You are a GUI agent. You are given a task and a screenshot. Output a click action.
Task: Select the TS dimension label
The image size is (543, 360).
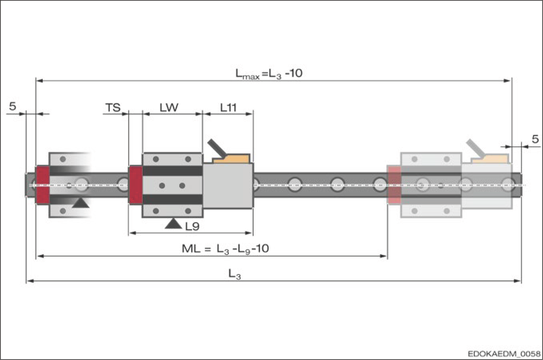tap(113, 107)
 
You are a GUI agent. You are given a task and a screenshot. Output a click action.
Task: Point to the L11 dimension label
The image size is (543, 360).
tap(228, 107)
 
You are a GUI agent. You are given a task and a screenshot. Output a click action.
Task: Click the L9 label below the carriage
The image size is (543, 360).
tap(192, 227)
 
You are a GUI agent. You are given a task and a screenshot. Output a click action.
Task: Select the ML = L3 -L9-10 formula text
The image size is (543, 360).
tap(225, 249)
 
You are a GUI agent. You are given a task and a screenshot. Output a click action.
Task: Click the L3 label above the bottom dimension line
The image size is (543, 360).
tap(234, 274)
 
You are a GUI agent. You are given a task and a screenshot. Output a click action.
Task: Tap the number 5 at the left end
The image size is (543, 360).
tap(13, 106)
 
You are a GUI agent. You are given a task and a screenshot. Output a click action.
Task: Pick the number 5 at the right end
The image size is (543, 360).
tap(535, 139)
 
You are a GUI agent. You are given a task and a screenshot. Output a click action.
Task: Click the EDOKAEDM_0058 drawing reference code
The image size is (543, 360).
tap(504, 354)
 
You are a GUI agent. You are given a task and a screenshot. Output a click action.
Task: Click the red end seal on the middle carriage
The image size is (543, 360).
tap(136, 185)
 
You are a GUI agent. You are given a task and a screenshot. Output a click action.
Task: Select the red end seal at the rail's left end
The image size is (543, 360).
tap(43, 185)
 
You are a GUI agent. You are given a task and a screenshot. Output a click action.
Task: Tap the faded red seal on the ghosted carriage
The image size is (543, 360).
tap(394, 185)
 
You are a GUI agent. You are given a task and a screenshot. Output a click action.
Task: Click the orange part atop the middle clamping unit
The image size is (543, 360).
tap(232, 159)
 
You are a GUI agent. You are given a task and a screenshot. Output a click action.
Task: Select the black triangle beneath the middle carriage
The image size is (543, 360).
tap(173, 224)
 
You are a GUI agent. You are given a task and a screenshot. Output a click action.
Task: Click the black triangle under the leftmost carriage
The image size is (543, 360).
tap(81, 203)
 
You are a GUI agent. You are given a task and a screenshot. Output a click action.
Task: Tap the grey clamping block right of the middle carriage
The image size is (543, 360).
tap(228, 185)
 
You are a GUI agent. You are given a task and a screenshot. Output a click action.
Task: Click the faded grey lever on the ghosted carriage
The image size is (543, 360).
tap(475, 148)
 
